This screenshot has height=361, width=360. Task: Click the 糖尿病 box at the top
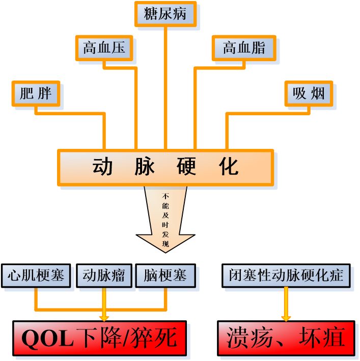(x=165, y=14)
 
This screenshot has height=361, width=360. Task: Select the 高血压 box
(x=104, y=48)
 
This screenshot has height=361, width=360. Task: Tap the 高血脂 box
(x=244, y=48)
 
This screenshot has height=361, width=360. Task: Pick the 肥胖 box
(x=36, y=94)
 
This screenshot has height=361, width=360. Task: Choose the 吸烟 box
(x=309, y=94)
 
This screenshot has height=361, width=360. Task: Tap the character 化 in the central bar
(x=229, y=167)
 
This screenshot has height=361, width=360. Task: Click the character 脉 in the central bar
(x=145, y=167)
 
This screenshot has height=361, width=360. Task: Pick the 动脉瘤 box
(x=104, y=276)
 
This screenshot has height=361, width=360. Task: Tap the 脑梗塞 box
(x=165, y=276)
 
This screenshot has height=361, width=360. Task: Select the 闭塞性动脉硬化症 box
(x=286, y=276)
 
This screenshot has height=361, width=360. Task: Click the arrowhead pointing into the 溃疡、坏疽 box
(x=286, y=318)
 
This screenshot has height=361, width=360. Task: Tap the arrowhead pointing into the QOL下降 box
(x=104, y=318)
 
